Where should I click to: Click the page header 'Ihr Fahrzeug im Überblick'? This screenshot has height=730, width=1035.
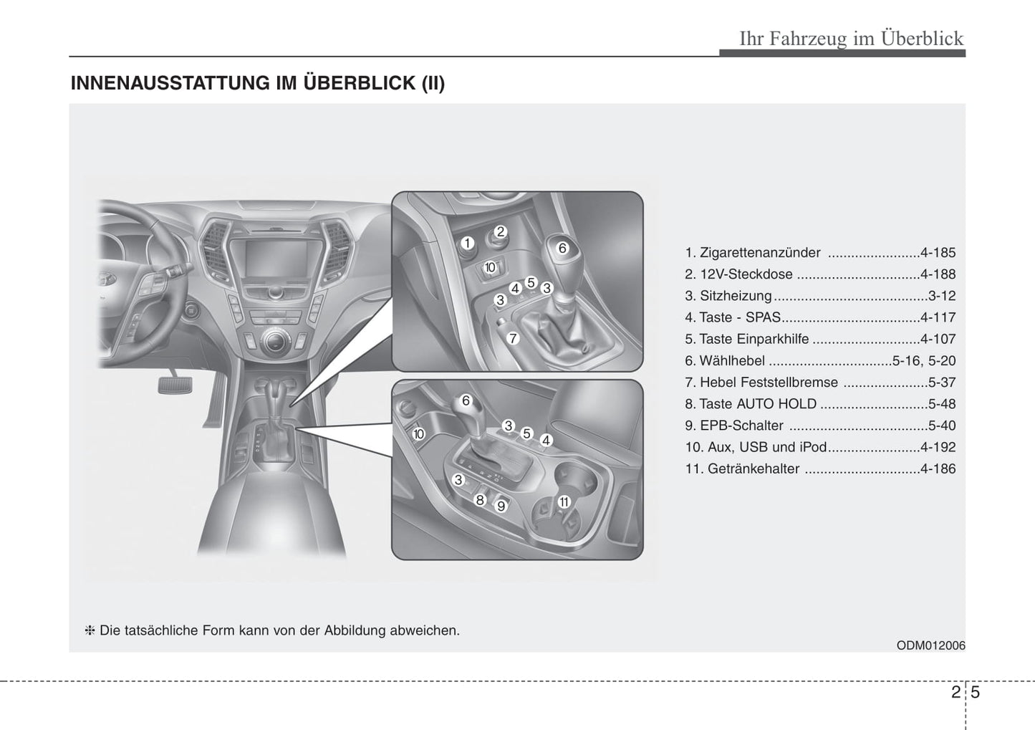(851, 38)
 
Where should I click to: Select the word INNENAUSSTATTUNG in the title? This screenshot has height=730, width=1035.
(170, 83)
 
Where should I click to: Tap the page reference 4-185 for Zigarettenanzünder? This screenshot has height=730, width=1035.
(938, 253)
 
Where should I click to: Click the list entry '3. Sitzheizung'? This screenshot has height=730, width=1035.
(728, 296)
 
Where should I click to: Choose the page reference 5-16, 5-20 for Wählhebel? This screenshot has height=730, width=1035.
(924, 361)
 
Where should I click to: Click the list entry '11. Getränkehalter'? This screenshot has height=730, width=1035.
(742, 469)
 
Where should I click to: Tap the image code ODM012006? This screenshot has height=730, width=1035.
(930, 645)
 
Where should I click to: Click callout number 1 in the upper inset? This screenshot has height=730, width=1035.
(467, 244)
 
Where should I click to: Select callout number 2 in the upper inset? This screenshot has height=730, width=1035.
(501, 231)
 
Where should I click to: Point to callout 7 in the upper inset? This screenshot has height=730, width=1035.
(513, 338)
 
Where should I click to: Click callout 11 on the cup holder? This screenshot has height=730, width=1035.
(564, 501)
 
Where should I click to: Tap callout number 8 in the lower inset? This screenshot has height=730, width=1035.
(481, 500)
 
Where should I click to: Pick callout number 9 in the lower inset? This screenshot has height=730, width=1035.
(501, 506)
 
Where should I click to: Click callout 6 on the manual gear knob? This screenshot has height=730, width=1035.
(562, 248)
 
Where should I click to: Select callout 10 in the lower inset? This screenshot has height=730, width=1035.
(419, 433)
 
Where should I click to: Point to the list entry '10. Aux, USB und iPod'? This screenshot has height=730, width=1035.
(756, 447)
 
